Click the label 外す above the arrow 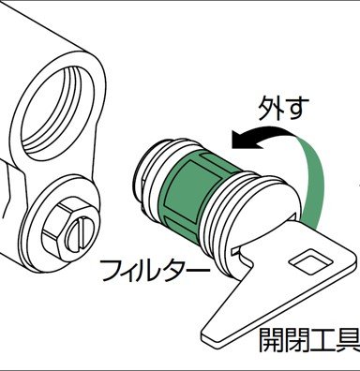(283, 108)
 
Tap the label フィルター (155, 270)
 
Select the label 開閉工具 (309, 340)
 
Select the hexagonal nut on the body (68, 230)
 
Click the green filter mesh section (195, 195)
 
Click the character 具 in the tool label (349, 340)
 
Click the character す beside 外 (297, 108)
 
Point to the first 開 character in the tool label (272, 340)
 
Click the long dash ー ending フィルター (198, 269)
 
